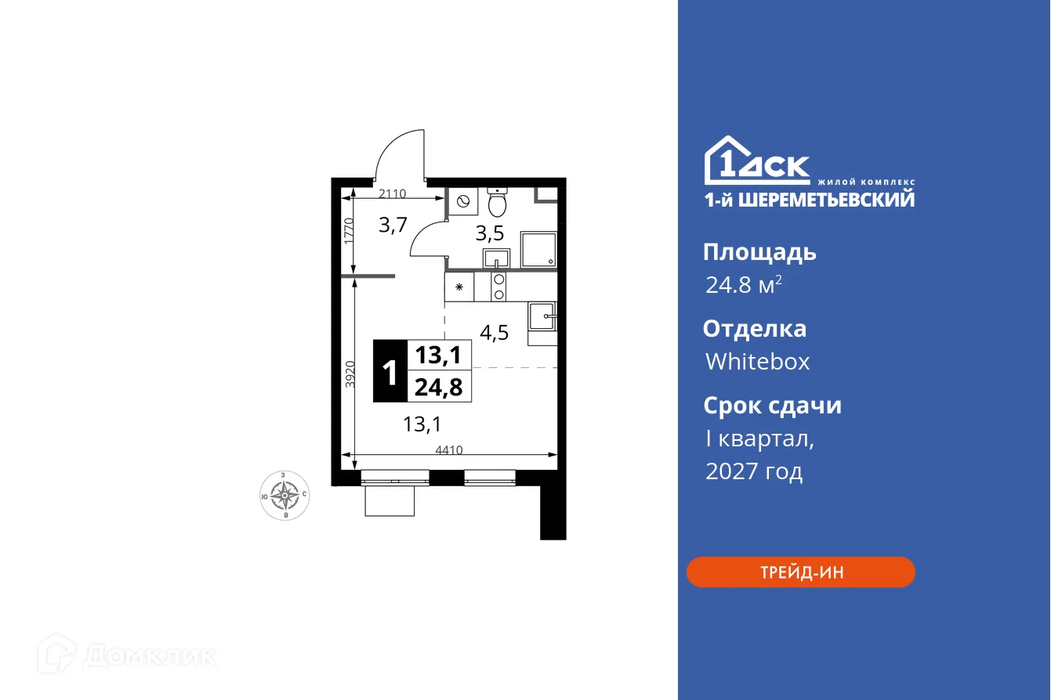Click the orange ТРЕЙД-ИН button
[x=800, y=572]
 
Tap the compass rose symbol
[x=284, y=496]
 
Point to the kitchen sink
[x=542, y=318]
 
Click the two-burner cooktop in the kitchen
[x=498, y=287]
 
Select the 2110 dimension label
[x=393, y=193]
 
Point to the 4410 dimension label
[x=450, y=449]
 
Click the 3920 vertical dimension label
[x=350, y=374]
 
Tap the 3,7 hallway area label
[x=393, y=226]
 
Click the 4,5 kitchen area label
[x=494, y=332]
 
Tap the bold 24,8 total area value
[x=439, y=386]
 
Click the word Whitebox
[x=757, y=361]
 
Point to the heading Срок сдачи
[x=771, y=406]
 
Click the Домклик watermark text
[x=149, y=655]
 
